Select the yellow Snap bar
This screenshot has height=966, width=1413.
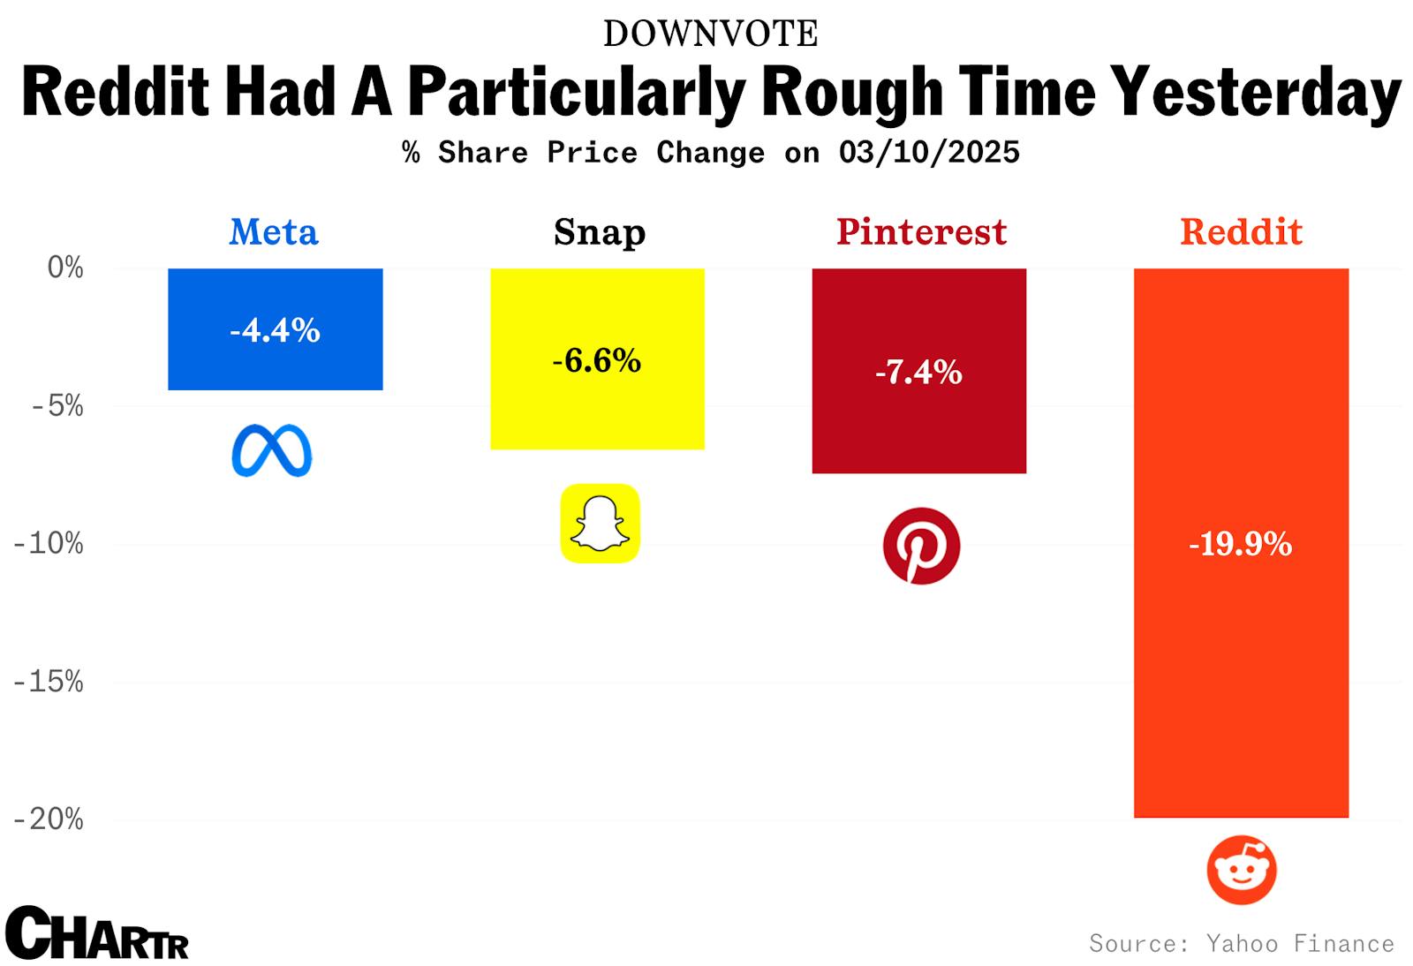[x=597, y=406]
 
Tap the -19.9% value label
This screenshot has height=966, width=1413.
[x=1240, y=544]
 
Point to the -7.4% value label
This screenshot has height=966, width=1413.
[x=918, y=372]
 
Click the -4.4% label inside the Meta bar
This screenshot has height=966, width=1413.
[x=275, y=330]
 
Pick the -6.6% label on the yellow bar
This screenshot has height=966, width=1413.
[x=597, y=360]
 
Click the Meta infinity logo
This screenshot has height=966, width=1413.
[x=272, y=450]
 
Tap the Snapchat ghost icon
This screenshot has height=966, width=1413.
[x=600, y=523]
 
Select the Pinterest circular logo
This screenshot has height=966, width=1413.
[x=921, y=545]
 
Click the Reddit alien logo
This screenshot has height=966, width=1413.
[x=1242, y=870]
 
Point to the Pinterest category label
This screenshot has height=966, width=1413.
[x=921, y=232]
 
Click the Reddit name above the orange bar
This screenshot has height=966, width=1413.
[x=1241, y=232]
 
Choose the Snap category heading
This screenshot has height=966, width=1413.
[x=600, y=232]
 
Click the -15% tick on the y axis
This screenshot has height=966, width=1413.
[x=49, y=682]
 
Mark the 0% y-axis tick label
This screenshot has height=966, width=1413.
[x=65, y=268]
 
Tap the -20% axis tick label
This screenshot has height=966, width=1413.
[x=49, y=819]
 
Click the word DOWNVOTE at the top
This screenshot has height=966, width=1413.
[x=710, y=34]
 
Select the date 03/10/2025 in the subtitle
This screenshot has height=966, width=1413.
[x=929, y=152]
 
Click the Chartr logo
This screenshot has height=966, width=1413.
[x=96, y=933]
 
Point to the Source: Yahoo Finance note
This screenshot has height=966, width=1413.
[x=1241, y=944]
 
